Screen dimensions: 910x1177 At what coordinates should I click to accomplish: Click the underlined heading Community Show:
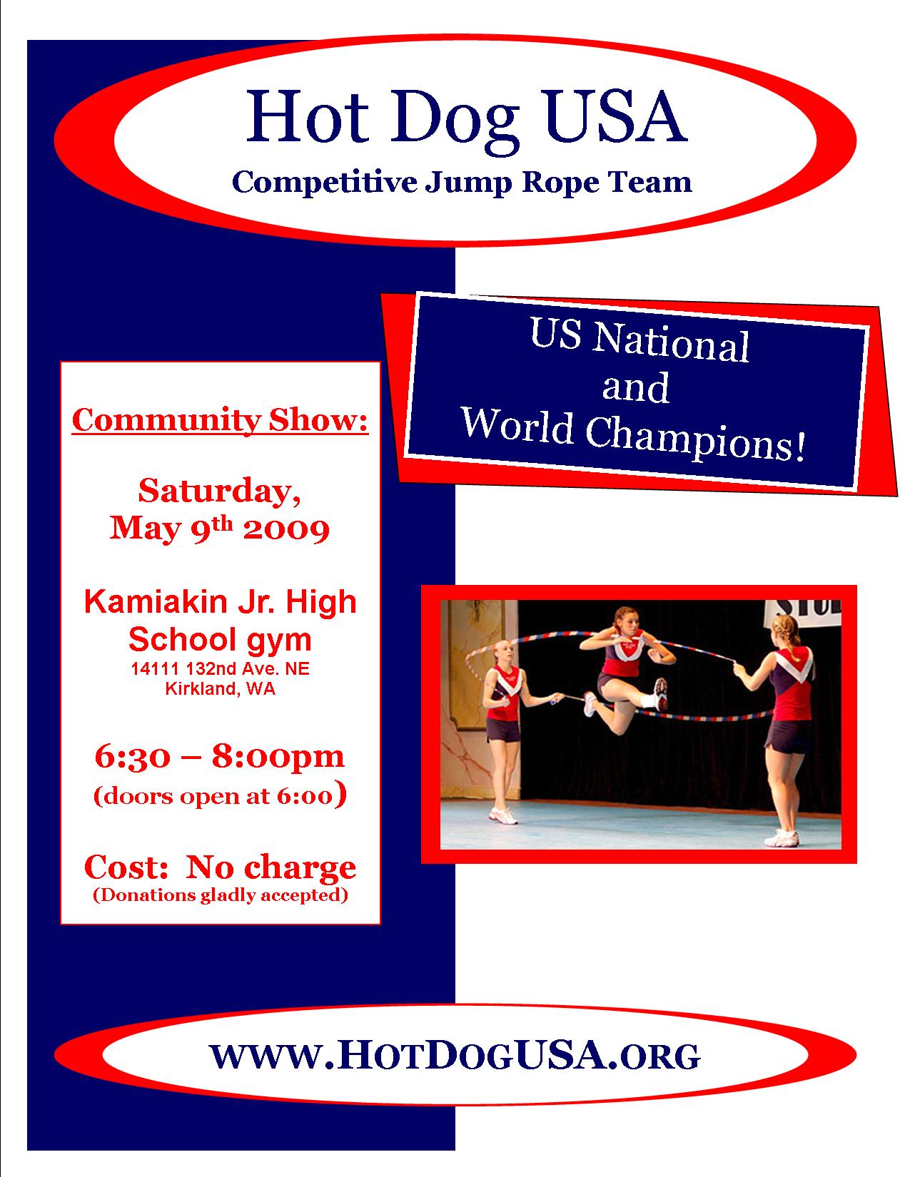(x=220, y=420)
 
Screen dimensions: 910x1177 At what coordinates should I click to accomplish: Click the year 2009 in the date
(x=286, y=529)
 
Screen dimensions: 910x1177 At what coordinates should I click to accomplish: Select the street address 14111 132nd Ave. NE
(x=220, y=668)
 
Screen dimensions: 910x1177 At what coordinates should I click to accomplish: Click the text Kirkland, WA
(x=220, y=688)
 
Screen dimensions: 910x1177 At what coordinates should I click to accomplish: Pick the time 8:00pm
(x=278, y=758)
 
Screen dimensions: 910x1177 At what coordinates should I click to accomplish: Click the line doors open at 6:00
(x=220, y=795)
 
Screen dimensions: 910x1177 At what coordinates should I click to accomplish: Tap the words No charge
(x=271, y=867)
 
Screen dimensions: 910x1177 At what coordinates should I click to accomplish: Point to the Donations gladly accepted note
(x=220, y=895)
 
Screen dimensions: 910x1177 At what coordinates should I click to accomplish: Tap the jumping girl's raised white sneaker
(x=660, y=694)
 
